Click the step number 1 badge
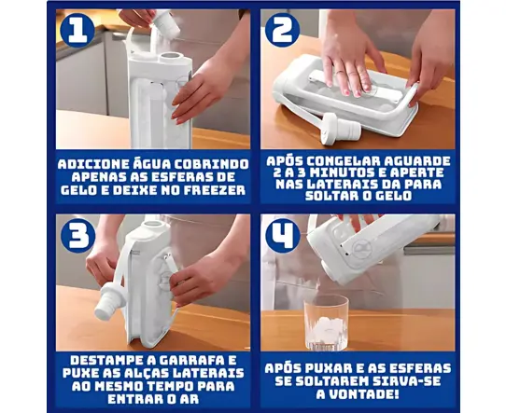tap(77, 31)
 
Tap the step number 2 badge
tap(282, 30)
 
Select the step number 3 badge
tap(78, 236)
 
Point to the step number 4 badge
tap(283, 236)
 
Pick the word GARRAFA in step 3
tap(198, 360)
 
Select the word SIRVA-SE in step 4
tap(407, 381)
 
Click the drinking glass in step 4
tap(327, 323)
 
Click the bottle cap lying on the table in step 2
tap(341, 128)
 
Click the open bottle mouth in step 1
tap(172, 58)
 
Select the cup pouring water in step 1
tap(165, 21)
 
